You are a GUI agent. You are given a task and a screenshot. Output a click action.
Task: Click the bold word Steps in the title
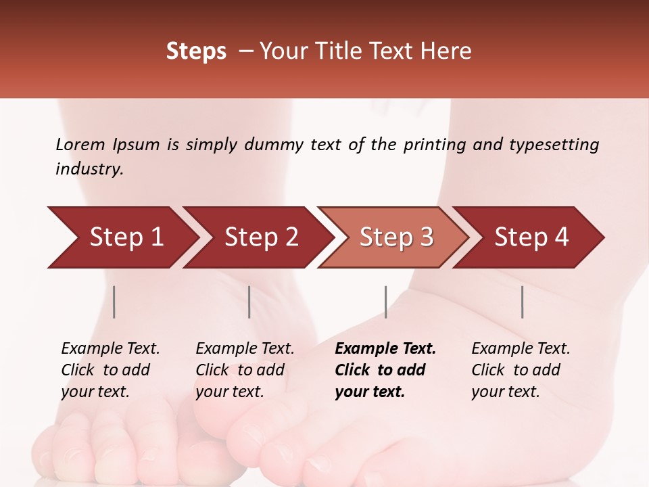click(196, 51)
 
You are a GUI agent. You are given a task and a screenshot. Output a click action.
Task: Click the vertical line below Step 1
click(114, 302)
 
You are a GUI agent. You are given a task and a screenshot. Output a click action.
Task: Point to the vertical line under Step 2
click(249, 302)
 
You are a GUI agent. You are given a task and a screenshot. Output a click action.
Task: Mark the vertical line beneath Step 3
click(385, 302)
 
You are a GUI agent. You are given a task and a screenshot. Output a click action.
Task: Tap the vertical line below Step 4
click(522, 302)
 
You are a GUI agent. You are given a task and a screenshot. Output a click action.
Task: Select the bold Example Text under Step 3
click(385, 370)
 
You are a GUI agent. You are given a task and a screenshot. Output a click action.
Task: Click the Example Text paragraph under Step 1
click(110, 370)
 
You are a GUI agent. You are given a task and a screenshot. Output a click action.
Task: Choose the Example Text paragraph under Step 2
click(245, 370)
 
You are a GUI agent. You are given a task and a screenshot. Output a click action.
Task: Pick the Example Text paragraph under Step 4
click(521, 370)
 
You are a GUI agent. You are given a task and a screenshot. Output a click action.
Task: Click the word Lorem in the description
click(80, 144)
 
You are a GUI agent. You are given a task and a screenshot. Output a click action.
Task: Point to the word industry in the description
click(89, 169)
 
